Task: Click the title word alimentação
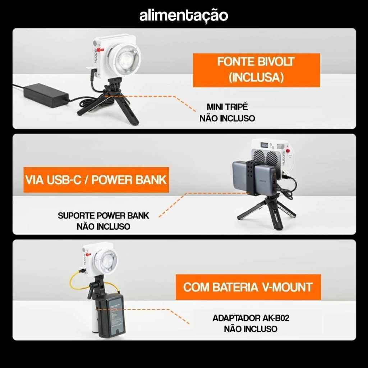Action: click(x=184, y=16)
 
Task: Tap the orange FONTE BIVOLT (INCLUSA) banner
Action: click(x=256, y=70)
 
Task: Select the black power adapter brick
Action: click(x=46, y=95)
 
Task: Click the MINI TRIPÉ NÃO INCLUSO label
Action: click(x=227, y=112)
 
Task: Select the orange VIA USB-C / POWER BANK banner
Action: click(x=96, y=180)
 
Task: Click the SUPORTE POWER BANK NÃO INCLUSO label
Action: click(x=103, y=221)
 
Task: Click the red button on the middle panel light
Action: click(x=288, y=151)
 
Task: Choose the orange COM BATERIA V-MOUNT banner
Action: click(x=248, y=287)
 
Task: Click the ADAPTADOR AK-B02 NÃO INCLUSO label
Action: click(x=250, y=323)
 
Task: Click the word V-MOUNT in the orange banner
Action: click(x=287, y=287)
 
